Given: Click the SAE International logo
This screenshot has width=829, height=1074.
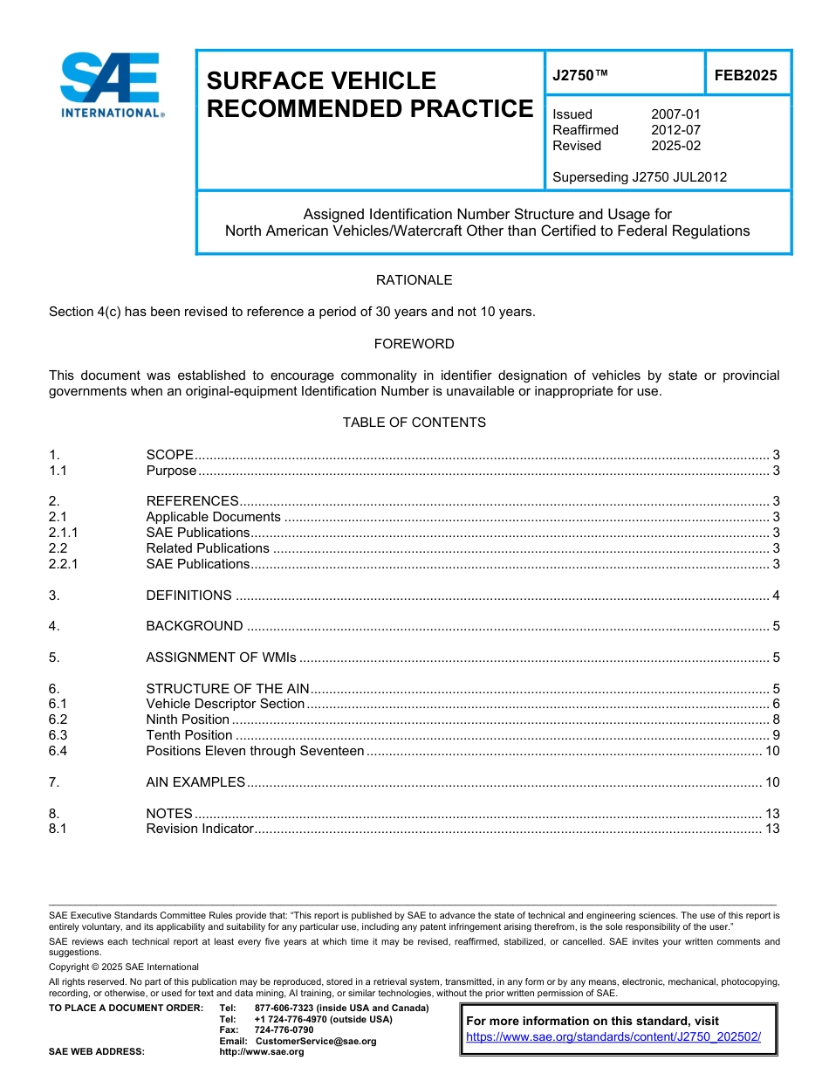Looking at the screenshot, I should [x=110, y=85].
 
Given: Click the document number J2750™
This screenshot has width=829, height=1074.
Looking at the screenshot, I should [x=579, y=76].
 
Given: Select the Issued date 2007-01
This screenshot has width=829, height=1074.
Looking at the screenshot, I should [x=675, y=114].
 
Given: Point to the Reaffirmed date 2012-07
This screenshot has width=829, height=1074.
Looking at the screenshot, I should [x=675, y=130].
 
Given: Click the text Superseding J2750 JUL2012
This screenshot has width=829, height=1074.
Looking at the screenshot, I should [x=640, y=177].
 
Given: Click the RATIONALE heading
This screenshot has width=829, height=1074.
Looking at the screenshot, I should [x=414, y=280].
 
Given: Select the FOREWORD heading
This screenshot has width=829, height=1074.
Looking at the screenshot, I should [x=414, y=344].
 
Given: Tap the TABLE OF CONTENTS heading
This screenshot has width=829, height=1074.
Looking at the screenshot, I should [x=414, y=423].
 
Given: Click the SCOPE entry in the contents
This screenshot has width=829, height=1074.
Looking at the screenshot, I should [x=169, y=455].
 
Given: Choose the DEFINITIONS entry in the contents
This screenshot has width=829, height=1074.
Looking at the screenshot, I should [x=188, y=596].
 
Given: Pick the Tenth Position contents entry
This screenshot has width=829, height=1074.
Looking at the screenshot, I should [x=189, y=735].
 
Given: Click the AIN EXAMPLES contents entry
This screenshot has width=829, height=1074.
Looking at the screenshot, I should [x=195, y=782].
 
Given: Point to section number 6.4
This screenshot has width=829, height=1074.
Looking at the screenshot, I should [x=58, y=751].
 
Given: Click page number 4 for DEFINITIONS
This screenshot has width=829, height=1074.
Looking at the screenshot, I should [x=776, y=596].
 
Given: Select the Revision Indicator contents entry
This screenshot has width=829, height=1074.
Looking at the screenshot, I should [x=199, y=829].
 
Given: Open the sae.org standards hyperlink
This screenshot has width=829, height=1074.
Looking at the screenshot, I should [x=613, y=1037].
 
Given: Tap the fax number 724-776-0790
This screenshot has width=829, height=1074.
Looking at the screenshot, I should [x=284, y=1030].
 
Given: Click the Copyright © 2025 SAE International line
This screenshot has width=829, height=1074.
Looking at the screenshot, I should [x=124, y=967].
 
